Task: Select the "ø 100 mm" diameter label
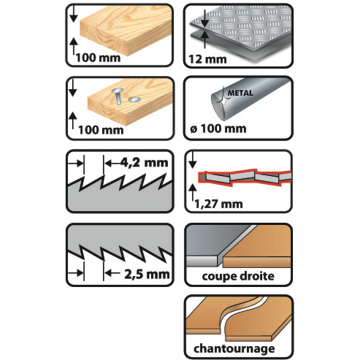(x=219, y=128)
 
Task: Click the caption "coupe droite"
(x=238, y=276)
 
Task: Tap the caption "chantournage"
(x=238, y=348)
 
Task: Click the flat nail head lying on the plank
(x=134, y=100)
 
